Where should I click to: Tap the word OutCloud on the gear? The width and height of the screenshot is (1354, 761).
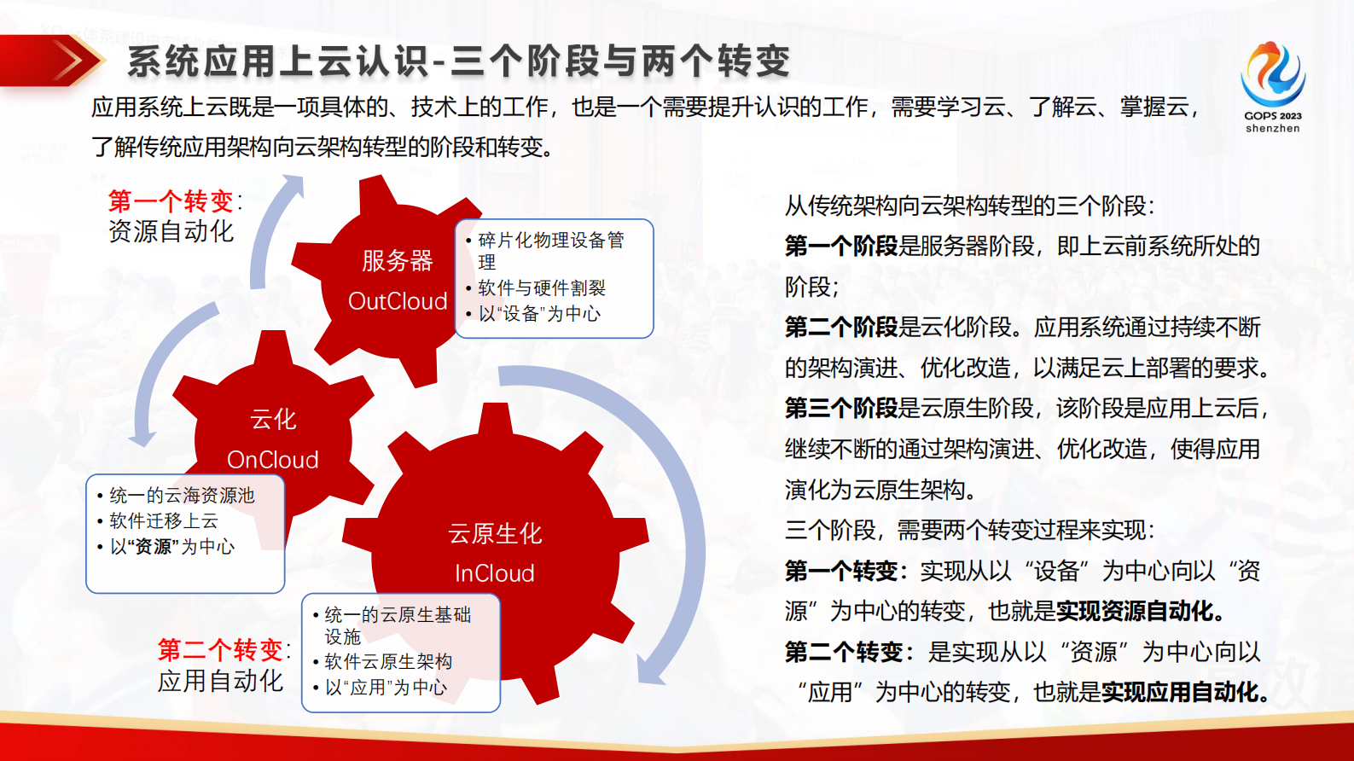pyautogui.click(x=398, y=301)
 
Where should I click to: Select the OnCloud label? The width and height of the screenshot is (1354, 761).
pyautogui.click(x=273, y=460)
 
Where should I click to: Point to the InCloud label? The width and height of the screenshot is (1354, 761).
pyautogui.click(x=495, y=573)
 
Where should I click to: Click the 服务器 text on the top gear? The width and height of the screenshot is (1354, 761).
pyautogui.click(x=398, y=260)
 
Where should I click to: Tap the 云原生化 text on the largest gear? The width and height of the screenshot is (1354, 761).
pyautogui.click(x=495, y=534)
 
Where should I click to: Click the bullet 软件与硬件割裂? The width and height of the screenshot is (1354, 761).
pyautogui.click(x=542, y=288)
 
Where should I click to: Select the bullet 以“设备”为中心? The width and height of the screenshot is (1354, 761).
pyautogui.click(x=539, y=314)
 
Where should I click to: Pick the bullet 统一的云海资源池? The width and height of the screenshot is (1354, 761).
pyautogui.click(x=182, y=496)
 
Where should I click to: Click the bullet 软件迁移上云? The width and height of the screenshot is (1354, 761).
pyautogui.click(x=164, y=521)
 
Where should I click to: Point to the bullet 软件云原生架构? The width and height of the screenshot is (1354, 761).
pyautogui.click(x=388, y=662)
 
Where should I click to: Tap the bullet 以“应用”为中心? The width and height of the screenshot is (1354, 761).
pyautogui.click(x=386, y=688)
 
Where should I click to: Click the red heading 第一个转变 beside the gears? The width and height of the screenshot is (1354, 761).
pyautogui.click(x=171, y=201)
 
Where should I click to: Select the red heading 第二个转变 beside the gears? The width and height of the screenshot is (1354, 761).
pyautogui.click(x=220, y=650)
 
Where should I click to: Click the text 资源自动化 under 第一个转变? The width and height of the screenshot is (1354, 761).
pyautogui.click(x=171, y=231)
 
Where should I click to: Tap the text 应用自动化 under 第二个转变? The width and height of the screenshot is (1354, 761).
pyautogui.click(x=220, y=681)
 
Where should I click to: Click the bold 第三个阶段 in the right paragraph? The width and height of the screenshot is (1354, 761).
pyautogui.click(x=840, y=409)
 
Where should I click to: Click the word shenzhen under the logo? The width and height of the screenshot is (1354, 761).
pyautogui.click(x=1272, y=129)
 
